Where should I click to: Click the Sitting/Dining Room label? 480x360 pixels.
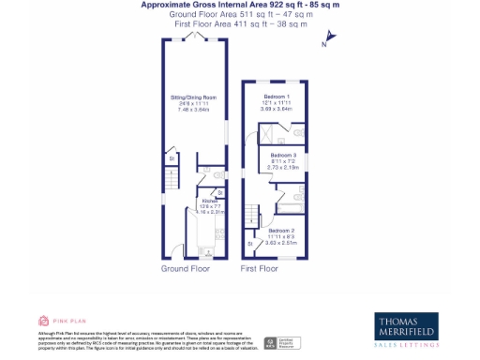coord(194,97)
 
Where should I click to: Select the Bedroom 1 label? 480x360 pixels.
coord(277,97)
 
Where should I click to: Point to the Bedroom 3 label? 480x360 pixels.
coord(283,155)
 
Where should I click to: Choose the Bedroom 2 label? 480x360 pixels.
coord(280,230)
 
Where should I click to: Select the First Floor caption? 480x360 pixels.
coord(259,268)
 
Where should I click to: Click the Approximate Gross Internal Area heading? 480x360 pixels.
coord(240,6)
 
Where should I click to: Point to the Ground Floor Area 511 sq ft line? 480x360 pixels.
coord(240,15)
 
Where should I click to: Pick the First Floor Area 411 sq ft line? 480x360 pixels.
coord(240,24)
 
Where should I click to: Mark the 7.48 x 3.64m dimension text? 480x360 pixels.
coord(194,109)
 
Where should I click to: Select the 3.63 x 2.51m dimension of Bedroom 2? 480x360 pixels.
coord(280,242)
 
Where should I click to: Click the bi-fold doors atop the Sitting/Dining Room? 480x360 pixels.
coord(194,36)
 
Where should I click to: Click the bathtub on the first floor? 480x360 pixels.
coord(291,199)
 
